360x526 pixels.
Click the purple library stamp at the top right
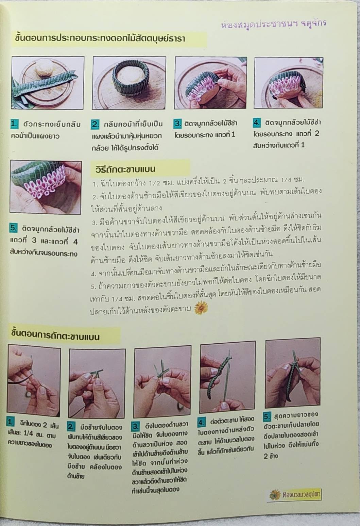[x=274, y=23]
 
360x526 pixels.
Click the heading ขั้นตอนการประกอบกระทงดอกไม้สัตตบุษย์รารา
[x=100, y=38]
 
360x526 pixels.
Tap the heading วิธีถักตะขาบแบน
[x=125, y=169]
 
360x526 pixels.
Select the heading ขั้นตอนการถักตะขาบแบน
[x=55, y=336]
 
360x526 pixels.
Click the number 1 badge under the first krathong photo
[x=14, y=124]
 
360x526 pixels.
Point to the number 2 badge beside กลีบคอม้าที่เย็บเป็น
[x=95, y=124]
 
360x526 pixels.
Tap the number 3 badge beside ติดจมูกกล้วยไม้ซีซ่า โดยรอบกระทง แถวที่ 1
[x=177, y=124]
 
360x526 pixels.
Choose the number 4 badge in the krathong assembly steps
[x=257, y=122]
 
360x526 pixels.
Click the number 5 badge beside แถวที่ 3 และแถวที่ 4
[x=13, y=228]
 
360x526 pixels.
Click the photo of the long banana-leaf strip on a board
[x=48, y=83]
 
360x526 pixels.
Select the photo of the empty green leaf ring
[x=129, y=83]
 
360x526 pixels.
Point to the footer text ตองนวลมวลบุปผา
[x=302, y=495]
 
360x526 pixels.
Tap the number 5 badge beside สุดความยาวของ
[x=267, y=416]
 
